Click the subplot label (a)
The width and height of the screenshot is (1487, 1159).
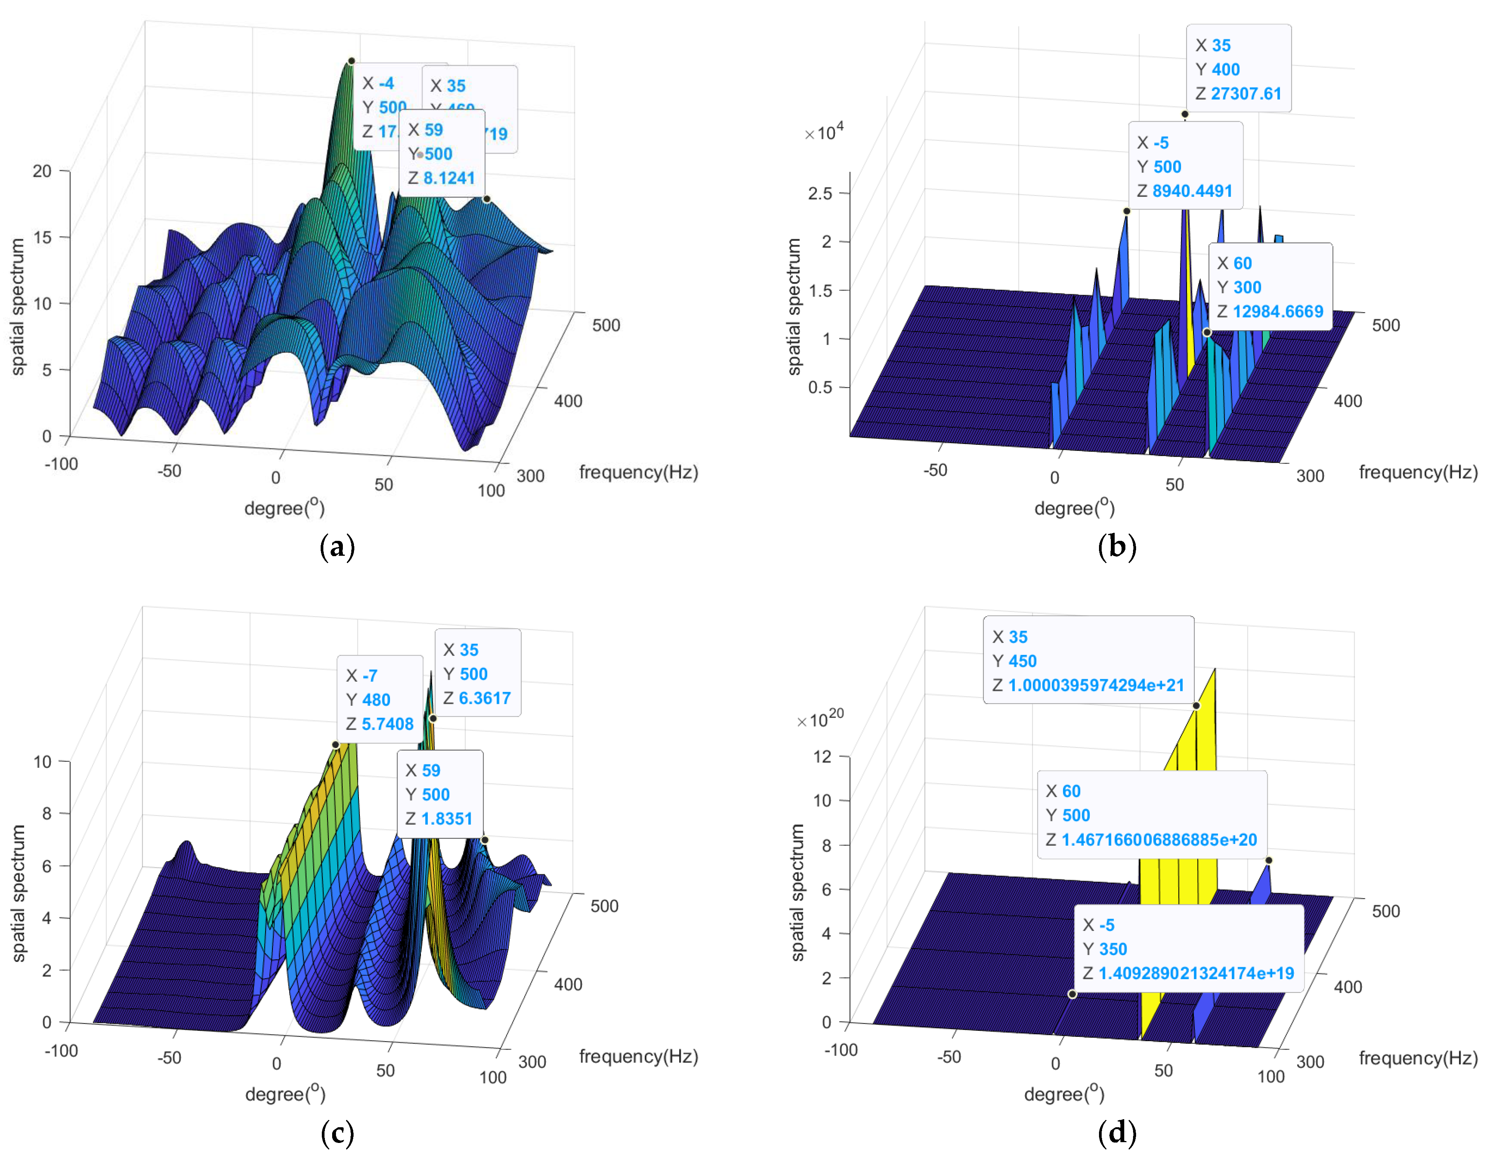337,547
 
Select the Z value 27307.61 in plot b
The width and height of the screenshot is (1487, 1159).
1245,94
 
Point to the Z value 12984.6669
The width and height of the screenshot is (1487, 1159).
1277,312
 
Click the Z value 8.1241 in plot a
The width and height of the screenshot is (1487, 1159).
449,178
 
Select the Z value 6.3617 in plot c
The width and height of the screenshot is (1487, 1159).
484,699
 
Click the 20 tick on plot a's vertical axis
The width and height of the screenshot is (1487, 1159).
42,171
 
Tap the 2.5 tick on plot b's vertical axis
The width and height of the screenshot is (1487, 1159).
820,193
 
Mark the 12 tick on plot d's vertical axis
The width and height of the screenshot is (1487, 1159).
822,757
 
